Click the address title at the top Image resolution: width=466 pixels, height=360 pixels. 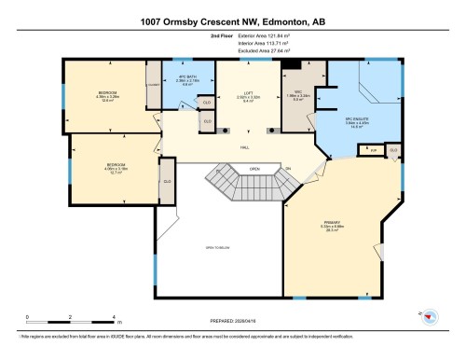pyautogui.click(x=233, y=21)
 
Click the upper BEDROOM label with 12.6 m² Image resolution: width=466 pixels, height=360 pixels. pyautogui.click(x=107, y=96)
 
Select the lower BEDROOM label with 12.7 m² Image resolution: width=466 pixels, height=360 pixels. pyautogui.click(x=114, y=169)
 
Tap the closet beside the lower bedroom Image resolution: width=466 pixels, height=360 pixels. pyautogui.click(x=167, y=181)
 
